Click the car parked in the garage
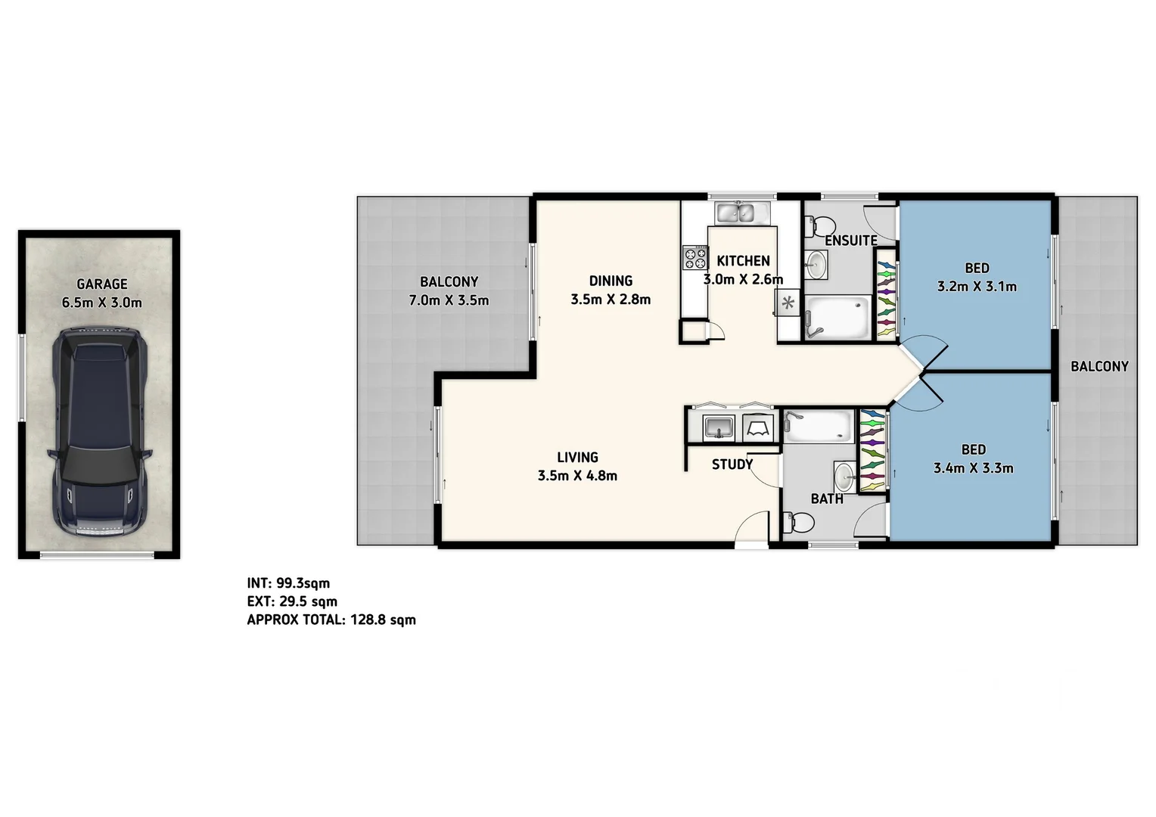click(99, 433)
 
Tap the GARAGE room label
click(102, 284)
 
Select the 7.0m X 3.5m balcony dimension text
click(449, 300)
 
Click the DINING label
click(611, 281)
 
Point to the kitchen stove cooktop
click(694, 258)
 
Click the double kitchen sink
click(742, 213)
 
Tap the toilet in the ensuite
click(820, 225)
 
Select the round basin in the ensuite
click(816, 263)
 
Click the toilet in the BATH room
click(799, 523)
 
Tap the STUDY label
click(732, 464)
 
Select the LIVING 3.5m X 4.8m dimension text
click(577, 476)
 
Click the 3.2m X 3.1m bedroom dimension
click(977, 287)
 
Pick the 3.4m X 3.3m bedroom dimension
click(973, 468)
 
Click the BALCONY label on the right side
click(1099, 366)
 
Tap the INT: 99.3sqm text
click(288, 583)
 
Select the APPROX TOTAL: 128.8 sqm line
click(331, 620)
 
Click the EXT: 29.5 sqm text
click(292, 601)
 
